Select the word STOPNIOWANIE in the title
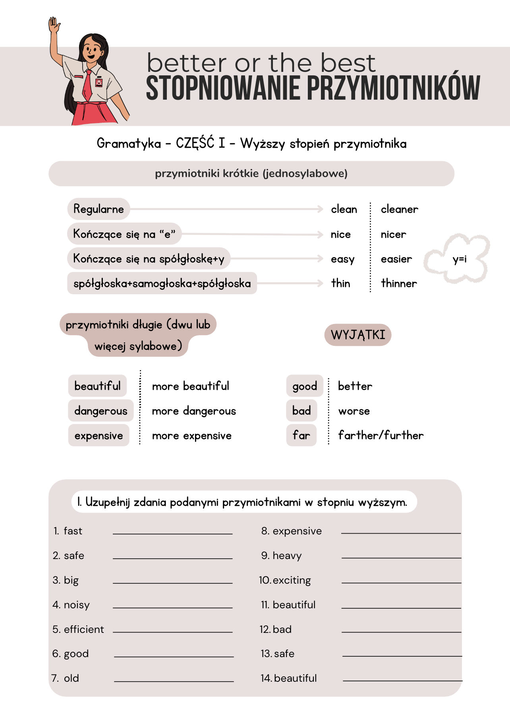[223, 88]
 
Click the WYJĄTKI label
[358, 335]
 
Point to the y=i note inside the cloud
[460, 259]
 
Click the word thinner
[399, 283]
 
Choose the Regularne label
[99, 209]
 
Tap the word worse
[354, 411]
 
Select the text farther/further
[381, 436]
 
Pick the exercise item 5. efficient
[78, 629]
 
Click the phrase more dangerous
[194, 411]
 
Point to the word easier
[396, 259]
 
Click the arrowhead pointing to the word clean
[321, 209]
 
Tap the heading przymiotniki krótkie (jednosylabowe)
[251, 174]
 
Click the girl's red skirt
[91, 113]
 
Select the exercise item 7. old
[66, 678]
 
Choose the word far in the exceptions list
[301, 435]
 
